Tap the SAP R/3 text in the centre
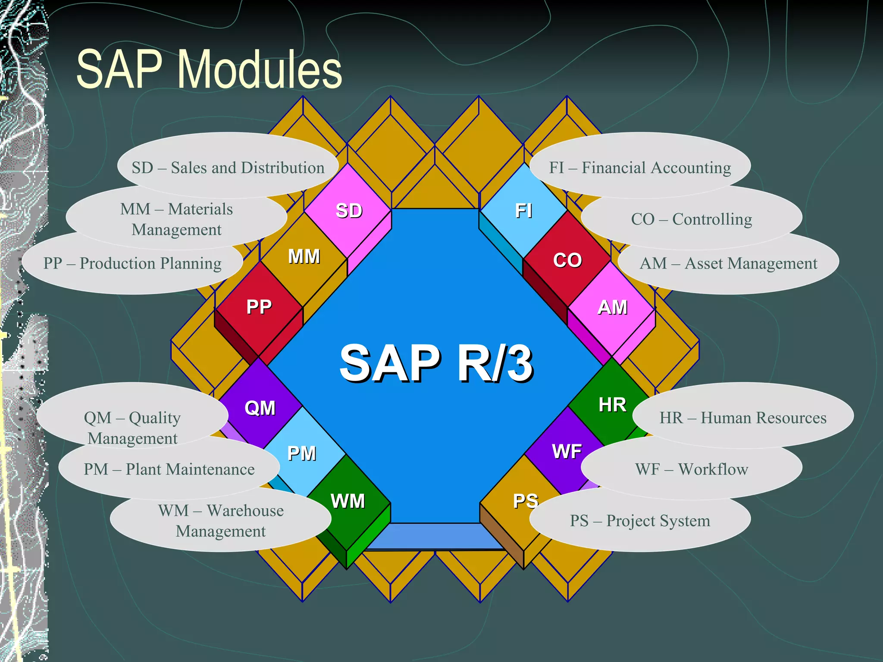[436, 363]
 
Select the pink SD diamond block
[348, 211]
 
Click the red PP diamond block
[259, 307]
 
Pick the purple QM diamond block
[260, 407]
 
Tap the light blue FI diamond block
[523, 211]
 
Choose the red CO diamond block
[567, 260]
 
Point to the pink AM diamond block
[612, 307]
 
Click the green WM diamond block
[348, 501]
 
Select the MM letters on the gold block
[304, 256]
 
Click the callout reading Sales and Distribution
[228, 167]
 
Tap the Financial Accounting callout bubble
[640, 167]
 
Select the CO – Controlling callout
[692, 219]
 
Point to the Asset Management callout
[728, 263]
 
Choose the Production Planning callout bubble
[132, 263]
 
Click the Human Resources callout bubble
[743, 417]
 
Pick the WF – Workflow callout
[692, 469]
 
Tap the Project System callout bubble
[640, 521]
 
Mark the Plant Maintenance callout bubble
[169, 469]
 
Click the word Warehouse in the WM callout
[245, 510]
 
